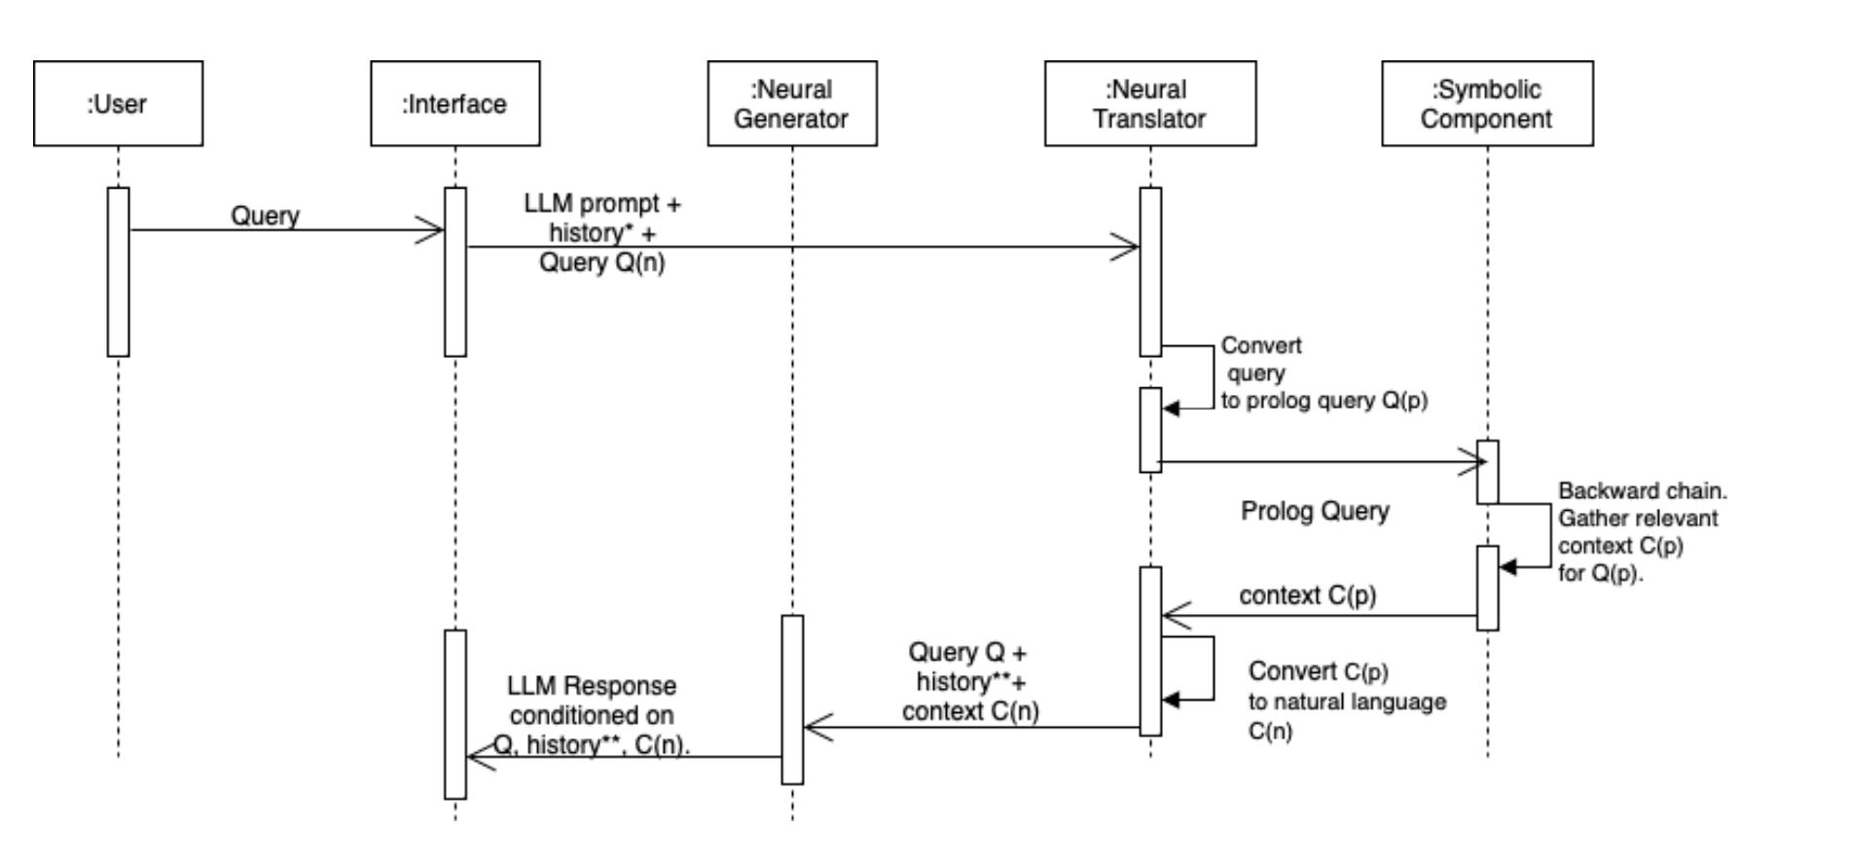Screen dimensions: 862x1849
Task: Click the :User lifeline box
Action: pos(118,103)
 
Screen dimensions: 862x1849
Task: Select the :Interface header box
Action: pos(454,103)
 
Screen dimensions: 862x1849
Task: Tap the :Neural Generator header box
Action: pos(791,103)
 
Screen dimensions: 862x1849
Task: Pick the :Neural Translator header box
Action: pos(1149,103)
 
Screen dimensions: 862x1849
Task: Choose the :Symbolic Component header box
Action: pos(1486,103)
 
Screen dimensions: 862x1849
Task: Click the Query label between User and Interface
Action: pos(265,215)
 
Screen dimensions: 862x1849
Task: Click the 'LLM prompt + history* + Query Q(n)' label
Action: pos(602,233)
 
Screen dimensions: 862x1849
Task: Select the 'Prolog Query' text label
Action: pos(1314,511)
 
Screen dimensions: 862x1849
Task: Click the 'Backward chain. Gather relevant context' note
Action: pos(1640,531)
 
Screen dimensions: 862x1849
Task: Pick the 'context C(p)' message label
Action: pos(1307,595)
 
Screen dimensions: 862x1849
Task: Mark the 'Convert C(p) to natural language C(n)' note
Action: pos(1346,700)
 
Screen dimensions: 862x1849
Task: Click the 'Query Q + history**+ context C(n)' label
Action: pos(969,682)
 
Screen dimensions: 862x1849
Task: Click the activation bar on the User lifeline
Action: pos(118,271)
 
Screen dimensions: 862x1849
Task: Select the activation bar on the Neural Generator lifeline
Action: pos(792,699)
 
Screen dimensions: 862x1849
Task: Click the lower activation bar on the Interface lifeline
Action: pos(454,714)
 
